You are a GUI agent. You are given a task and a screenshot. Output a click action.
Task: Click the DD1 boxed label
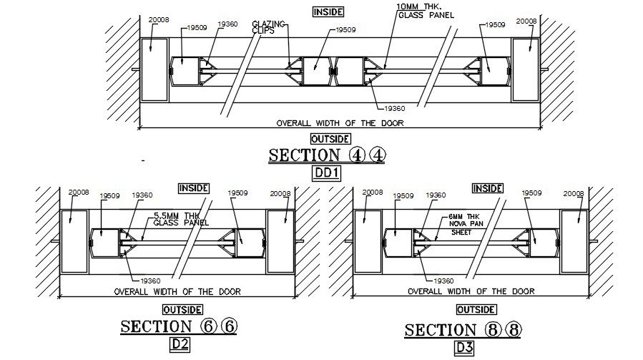(x=326, y=172)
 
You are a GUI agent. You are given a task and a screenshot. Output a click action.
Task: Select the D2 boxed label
(x=179, y=344)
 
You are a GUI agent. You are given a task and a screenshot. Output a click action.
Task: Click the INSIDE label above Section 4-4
(x=328, y=11)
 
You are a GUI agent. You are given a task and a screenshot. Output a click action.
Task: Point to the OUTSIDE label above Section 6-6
(x=177, y=310)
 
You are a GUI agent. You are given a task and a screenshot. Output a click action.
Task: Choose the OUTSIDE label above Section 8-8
(x=476, y=310)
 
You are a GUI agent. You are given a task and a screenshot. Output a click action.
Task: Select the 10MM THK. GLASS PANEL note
(x=424, y=11)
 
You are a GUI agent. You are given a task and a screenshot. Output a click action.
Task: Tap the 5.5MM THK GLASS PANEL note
(x=181, y=219)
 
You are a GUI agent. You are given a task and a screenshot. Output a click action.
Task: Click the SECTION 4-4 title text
(x=326, y=155)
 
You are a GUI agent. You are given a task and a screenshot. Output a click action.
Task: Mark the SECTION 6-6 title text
(x=178, y=327)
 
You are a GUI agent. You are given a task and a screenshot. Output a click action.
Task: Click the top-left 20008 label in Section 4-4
(x=158, y=20)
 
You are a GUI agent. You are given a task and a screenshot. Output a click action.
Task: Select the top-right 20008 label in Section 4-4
(x=526, y=21)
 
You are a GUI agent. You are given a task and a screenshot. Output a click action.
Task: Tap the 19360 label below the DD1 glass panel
(x=395, y=108)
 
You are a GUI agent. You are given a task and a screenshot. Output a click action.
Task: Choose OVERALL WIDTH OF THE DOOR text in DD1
(x=340, y=123)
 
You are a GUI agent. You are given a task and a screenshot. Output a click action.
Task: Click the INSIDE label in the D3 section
(x=486, y=188)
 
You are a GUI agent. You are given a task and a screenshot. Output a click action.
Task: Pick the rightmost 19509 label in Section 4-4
(x=494, y=25)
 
